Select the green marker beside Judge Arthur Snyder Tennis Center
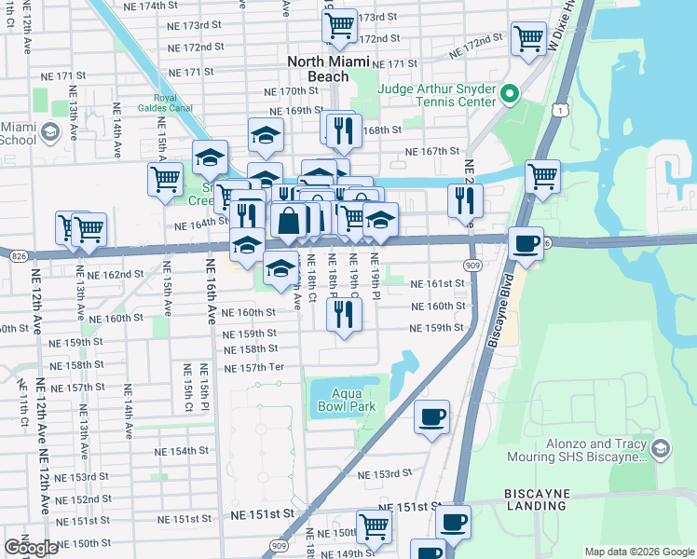click(510, 94)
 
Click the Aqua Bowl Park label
click(343, 400)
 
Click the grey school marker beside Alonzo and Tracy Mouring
click(660, 449)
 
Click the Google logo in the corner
click(31, 548)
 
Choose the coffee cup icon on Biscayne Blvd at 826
click(527, 242)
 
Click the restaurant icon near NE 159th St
click(344, 314)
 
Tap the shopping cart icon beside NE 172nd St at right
click(528, 38)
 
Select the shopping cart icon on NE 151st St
click(375, 525)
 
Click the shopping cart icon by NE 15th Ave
click(166, 179)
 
